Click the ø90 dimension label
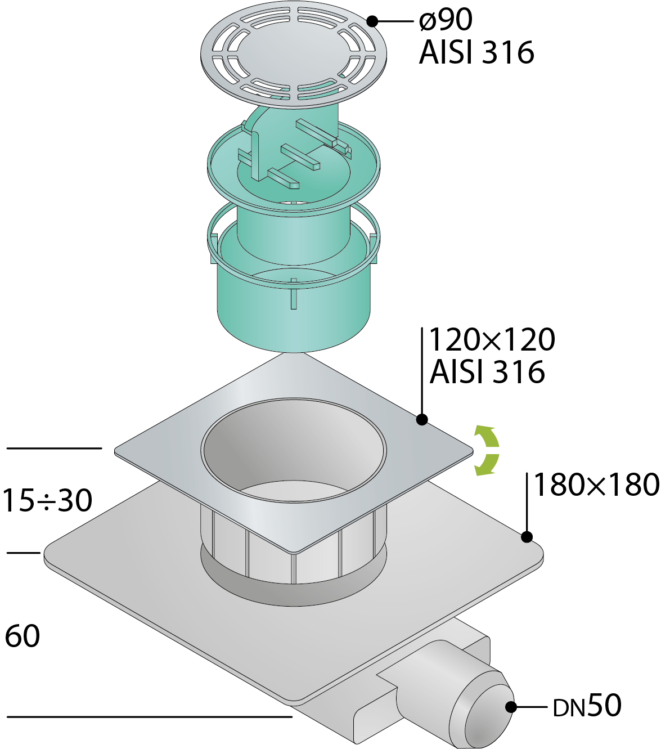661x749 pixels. [446, 20]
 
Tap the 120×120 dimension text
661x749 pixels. [492, 339]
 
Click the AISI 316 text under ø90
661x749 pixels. [476, 52]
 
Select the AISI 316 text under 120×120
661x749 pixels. [487, 371]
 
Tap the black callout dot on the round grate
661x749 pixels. [372, 21]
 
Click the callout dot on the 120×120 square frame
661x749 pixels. [422, 420]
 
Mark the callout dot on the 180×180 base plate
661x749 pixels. [527, 536]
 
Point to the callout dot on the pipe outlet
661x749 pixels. [511, 707]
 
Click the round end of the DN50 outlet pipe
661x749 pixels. [490, 712]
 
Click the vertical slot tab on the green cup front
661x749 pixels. [294, 294]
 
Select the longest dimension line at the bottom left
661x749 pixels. [149, 717]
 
